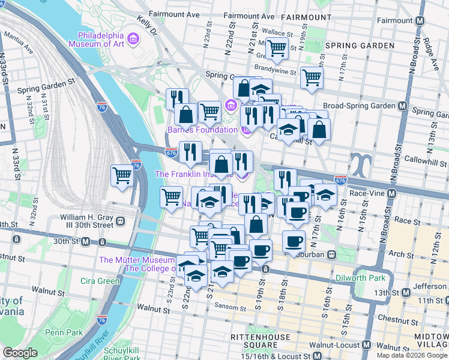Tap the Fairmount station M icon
pyautogui.click(x=420, y=20)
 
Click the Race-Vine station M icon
pyautogui.click(x=392, y=194)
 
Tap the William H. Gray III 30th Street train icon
pyautogui.click(x=121, y=221)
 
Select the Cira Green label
pyautogui.click(x=100, y=281)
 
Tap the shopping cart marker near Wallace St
pyautogui.click(x=276, y=48)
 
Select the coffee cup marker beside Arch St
pyautogui.click(x=293, y=241)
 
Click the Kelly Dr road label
pyautogui.click(x=146, y=24)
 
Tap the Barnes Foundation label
pyautogui.click(x=202, y=130)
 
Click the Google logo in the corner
pyautogui.click(x=20, y=353)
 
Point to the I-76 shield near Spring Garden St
pyautogui.click(x=101, y=107)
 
